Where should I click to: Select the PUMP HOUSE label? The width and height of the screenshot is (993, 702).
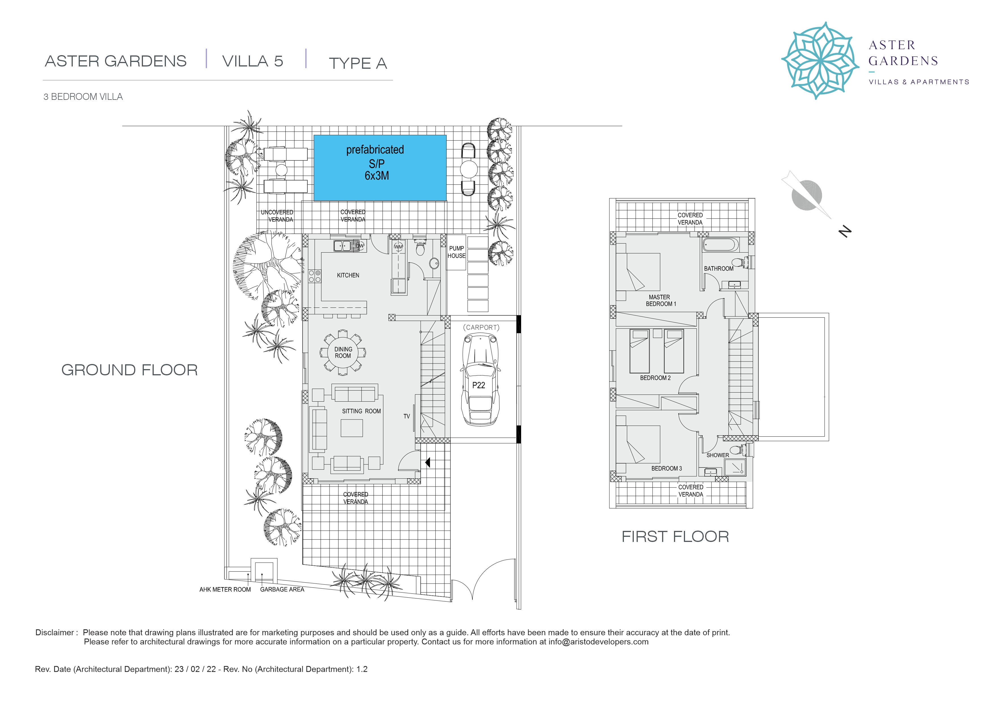[x=456, y=252]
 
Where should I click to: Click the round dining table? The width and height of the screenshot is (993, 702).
[x=343, y=352]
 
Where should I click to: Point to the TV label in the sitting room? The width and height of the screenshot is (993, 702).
[x=406, y=416]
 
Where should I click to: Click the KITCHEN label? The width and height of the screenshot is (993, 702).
[x=348, y=275]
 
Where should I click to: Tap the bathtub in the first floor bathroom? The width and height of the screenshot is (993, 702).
[x=720, y=245]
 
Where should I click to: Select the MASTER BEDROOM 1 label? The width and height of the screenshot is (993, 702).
[x=660, y=300]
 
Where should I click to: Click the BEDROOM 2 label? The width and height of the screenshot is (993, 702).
[x=655, y=378]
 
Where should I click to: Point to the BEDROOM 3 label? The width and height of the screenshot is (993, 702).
[x=666, y=469]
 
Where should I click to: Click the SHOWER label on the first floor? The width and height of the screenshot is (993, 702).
[x=718, y=455]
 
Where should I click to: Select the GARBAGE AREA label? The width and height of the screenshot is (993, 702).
[x=282, y=590]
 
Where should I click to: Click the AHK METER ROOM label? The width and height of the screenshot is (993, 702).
[x=225, y=590]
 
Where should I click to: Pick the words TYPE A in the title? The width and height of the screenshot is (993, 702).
[x=358, y=63]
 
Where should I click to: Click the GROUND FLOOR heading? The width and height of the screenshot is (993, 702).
[x=129, y=370]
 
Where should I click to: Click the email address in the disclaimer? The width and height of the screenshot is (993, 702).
[x=599, y=642]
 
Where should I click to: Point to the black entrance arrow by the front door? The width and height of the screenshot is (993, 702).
[x=428, y=462]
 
